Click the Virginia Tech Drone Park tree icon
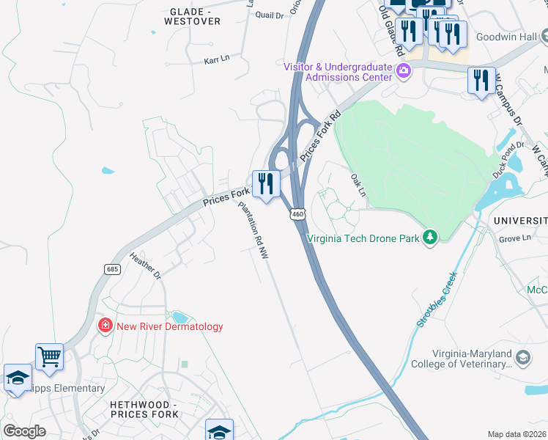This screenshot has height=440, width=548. click(x=431, y=237)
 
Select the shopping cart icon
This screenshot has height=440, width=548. click(x=49, y=357)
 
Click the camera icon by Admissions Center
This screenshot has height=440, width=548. click(x=402, y=71)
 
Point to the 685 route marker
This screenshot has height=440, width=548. click(x=112, y=268)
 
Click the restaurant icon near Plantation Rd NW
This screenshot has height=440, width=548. click(x=265, y=183)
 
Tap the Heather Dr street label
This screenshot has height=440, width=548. click(x=144, y=265)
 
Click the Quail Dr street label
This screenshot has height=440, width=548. click(x=269, y=15)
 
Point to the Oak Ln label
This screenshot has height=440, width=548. click(x=358, y=184)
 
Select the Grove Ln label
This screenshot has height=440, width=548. click(x=514, y=238)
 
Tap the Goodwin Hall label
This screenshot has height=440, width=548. click(x=506, y=37)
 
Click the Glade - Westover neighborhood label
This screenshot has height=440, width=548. click(x=194, y=17)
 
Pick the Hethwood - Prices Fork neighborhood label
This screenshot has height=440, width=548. click(x=144, y=409)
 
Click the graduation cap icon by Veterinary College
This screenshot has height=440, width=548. click(x=523, y=357)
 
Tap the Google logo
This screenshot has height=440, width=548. click(x=24, y=431)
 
